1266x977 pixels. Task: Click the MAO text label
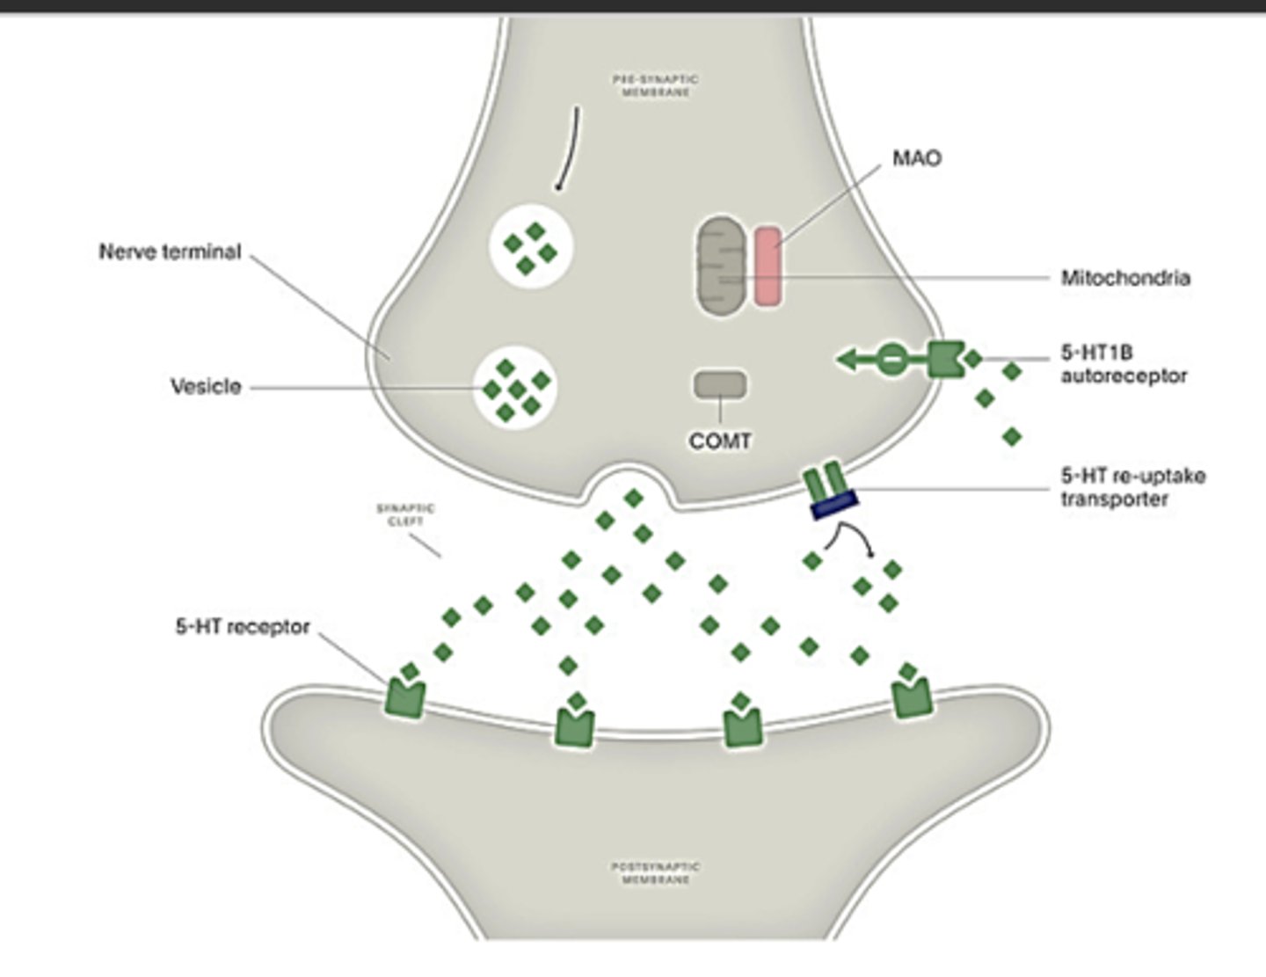916,158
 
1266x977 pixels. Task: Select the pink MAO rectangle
768,266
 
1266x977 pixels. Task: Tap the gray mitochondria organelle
720,266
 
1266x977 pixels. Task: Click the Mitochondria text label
1124,278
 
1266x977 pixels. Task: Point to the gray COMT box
720,384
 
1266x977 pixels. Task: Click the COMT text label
720,441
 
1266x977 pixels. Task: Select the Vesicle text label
206,387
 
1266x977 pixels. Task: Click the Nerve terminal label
170,252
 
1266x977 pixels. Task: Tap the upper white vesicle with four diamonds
530,247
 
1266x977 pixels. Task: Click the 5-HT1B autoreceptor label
1123,364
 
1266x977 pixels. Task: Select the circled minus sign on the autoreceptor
891,360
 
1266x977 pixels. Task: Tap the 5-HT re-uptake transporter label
1131,487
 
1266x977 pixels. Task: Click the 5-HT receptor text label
243,627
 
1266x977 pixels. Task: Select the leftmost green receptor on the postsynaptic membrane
405,701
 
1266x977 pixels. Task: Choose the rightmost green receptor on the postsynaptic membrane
912,699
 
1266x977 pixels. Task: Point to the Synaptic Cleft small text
405,514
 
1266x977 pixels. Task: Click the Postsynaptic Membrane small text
656,872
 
